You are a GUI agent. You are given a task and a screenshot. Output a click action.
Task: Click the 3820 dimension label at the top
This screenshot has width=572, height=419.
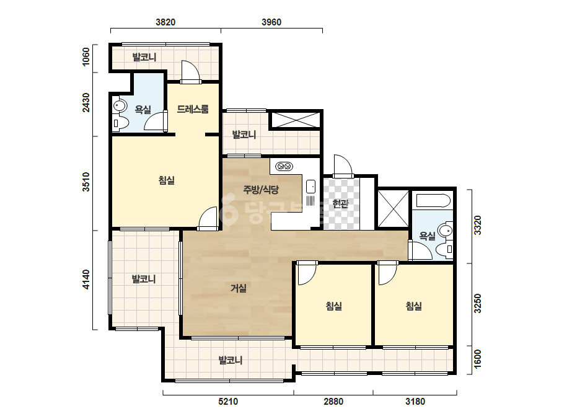(165, 22)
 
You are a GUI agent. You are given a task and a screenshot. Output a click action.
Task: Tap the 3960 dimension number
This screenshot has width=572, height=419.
(271, 22)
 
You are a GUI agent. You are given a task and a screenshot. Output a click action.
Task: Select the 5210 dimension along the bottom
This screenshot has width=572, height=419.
(228, 402)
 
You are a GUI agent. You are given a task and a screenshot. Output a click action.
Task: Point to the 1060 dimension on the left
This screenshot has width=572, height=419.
(86, 57)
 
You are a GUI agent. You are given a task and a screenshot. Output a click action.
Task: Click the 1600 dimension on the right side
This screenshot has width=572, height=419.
(478, 359)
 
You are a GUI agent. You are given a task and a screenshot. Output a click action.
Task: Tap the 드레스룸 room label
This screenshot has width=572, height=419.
(193, 109)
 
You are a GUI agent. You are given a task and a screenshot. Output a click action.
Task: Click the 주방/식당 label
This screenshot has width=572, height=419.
(261, 190)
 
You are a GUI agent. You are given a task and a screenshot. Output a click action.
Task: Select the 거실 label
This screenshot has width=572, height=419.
(239, 288)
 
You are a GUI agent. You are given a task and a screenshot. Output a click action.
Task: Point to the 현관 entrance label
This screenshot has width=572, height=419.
(340, 204)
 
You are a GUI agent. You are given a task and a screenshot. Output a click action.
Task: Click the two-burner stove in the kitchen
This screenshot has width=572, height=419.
(284, 167)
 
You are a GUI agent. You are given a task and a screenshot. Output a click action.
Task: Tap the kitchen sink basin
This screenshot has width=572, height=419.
(311, 186)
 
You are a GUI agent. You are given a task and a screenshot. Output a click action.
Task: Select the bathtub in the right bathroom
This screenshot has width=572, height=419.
(433, 200)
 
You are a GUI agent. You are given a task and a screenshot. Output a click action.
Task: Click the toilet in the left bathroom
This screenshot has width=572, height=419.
(120, 123)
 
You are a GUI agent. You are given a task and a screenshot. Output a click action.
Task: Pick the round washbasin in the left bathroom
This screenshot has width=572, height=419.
(119, 106)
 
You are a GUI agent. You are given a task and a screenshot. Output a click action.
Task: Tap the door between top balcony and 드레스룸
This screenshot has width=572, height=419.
(191, 71)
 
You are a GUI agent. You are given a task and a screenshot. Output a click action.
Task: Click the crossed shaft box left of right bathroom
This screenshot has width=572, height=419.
(394, 209)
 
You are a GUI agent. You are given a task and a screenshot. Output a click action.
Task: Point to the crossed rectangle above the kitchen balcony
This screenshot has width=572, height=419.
(295, 120)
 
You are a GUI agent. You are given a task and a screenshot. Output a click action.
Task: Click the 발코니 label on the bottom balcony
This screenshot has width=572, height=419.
(230, 361)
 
